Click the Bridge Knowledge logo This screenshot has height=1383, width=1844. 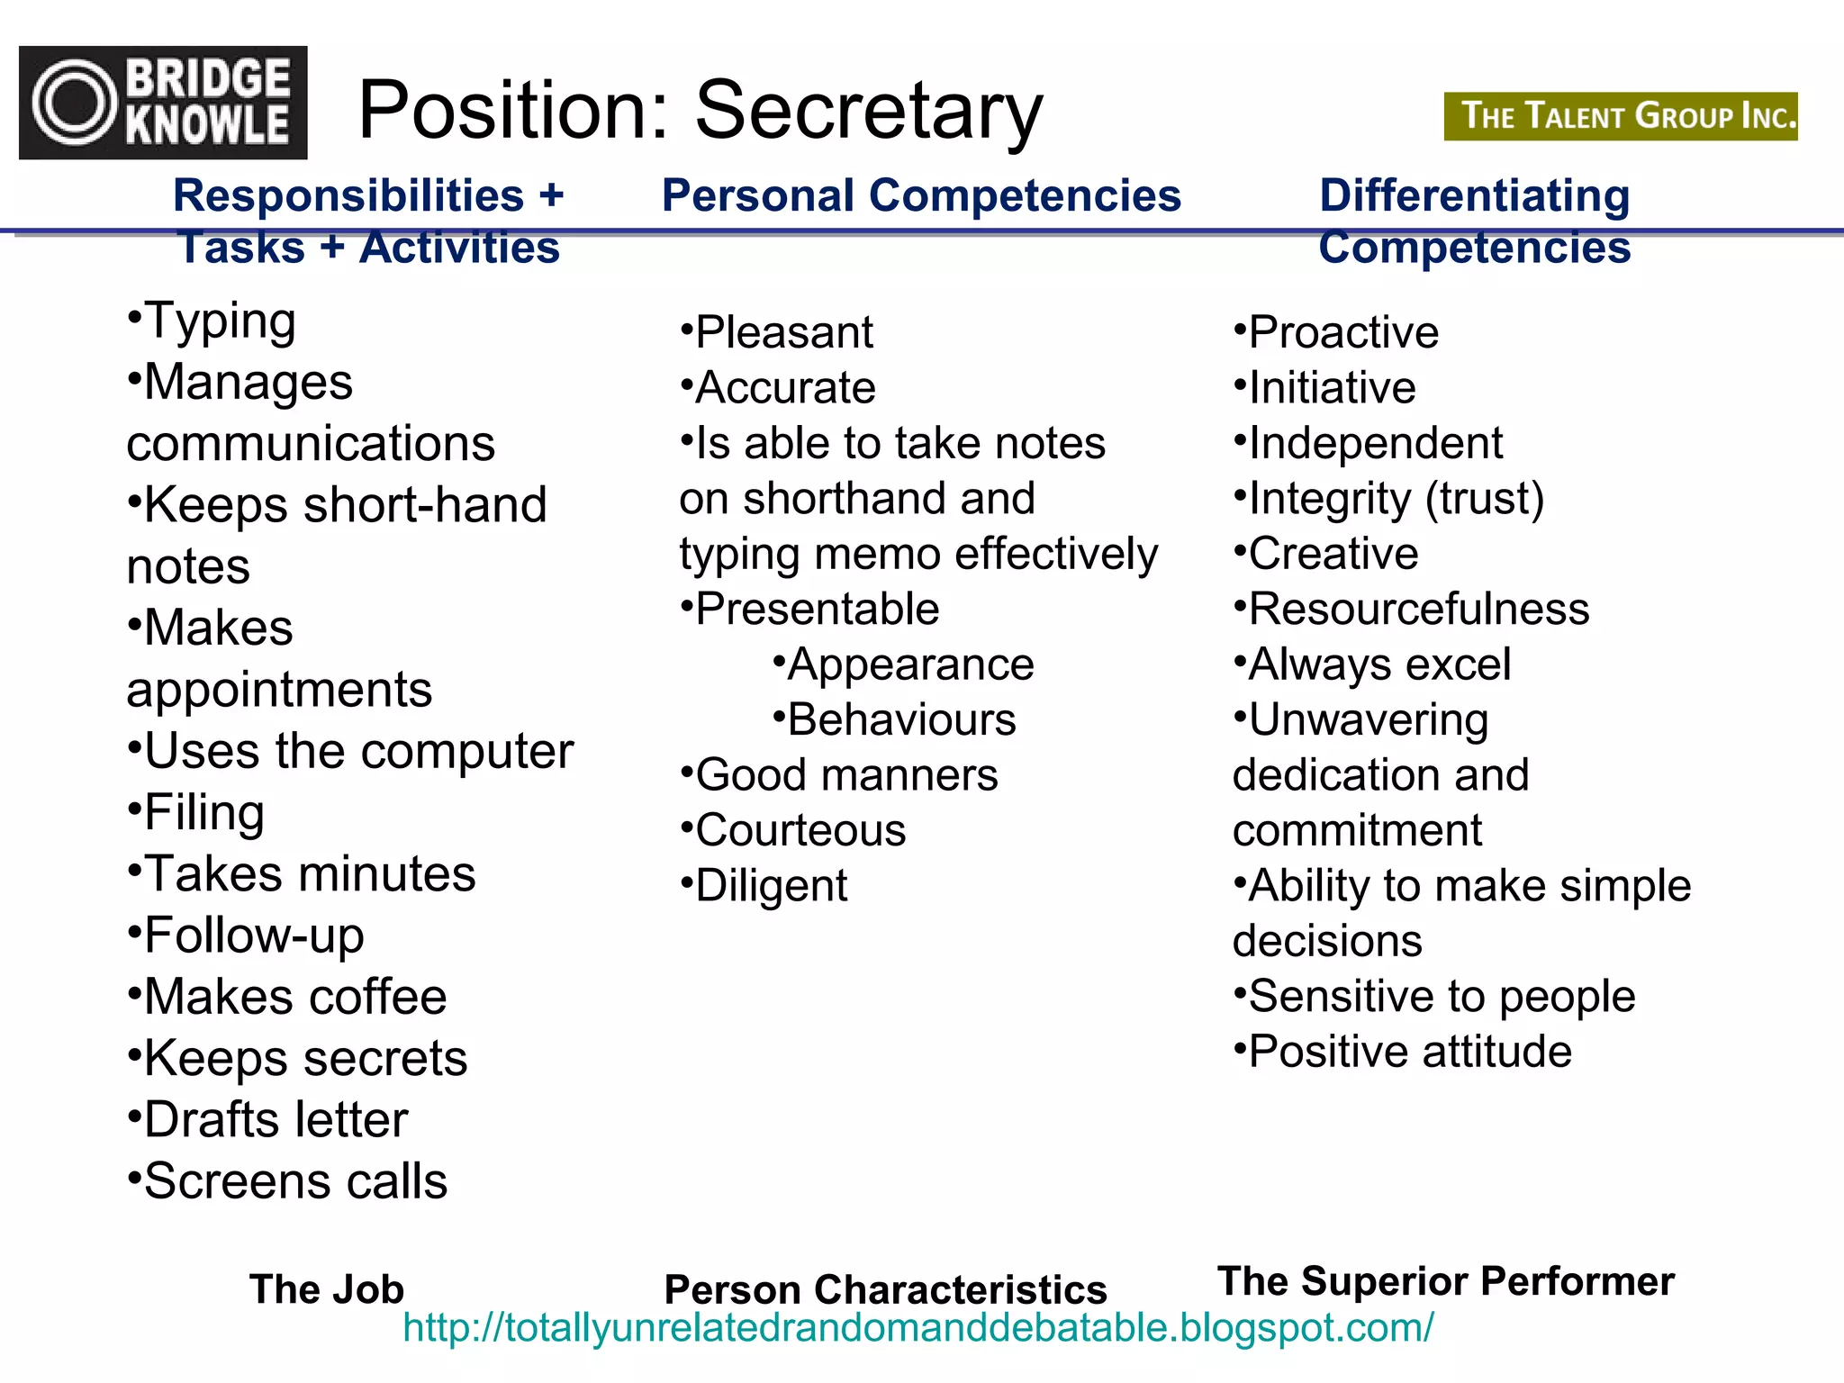pos(163,103)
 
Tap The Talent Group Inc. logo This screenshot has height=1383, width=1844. pos(1621,116)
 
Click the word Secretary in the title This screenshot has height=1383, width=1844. pos(869,112)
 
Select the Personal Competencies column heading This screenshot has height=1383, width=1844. pos(921,195)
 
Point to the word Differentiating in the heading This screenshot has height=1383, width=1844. pos(1474,195)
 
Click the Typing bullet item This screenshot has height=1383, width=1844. pos(212,321)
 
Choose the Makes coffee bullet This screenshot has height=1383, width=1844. pos(288,997)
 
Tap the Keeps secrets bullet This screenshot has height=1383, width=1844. pos(298,1058)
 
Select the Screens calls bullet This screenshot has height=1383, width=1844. pos(288,1180)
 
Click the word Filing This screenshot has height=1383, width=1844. pos(204,812)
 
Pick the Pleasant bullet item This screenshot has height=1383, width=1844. pos(777,332)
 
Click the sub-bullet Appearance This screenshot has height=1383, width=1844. pos(904,664)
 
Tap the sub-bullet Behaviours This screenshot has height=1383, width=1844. pos(895,719)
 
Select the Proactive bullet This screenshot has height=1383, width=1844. pos(1336,332)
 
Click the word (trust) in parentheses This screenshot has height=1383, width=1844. pos(1485,498)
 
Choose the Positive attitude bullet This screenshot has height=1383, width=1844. pos(1403,1051)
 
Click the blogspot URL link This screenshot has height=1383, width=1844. pos(918,1327)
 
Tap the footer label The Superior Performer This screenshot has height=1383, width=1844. pos(1446,1280)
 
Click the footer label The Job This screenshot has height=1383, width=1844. pos(327,1288)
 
